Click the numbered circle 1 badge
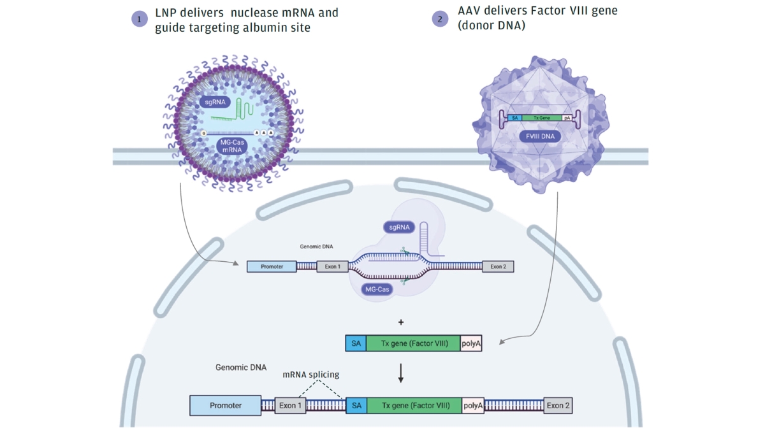(140, 19)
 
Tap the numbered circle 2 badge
(440, 19)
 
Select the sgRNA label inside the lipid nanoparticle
(216, 102)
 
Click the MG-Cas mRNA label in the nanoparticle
(232, 146)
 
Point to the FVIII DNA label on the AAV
(540, 137)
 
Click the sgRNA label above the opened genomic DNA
(399, 227)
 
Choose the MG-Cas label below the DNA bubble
(377, 289)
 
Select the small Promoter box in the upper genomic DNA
(272, 266)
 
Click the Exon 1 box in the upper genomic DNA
(333, 266)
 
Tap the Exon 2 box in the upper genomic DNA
(498, 266)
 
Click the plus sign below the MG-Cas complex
(401, 322)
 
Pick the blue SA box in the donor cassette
(356, 343)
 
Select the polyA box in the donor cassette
(471, 343)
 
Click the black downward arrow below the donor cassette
(401, 373)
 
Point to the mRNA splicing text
(311, 375)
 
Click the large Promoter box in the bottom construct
(226, 405)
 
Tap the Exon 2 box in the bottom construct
(558, 405)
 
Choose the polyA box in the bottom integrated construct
(473, 405)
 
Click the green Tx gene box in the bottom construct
(414, 405)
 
